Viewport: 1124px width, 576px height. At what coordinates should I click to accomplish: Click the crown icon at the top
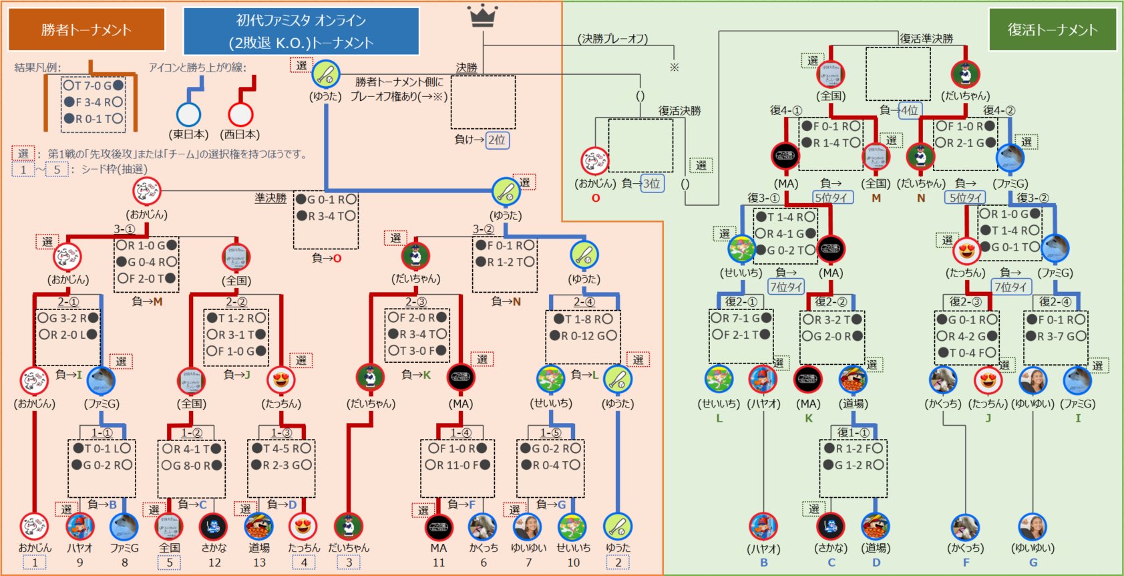pos(483,15)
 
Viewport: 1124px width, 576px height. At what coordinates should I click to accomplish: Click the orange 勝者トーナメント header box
pos(86,29)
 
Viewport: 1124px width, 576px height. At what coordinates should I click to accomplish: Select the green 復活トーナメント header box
pos(1052,29)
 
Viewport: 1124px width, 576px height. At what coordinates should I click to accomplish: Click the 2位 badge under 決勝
pos(496,140)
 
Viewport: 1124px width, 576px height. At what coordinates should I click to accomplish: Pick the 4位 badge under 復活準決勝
pos(909,110)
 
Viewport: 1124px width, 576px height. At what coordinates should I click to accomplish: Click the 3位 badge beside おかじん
pos(652,183)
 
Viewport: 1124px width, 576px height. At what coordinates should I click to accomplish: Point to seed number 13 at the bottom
pos(259,563)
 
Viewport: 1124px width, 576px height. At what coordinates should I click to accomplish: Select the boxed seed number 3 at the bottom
pos(349,563)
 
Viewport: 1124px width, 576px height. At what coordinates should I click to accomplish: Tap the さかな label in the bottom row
pos(214,548)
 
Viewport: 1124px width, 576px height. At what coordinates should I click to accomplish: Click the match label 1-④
pos(460,433)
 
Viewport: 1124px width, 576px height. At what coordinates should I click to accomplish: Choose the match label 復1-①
pos(853,432)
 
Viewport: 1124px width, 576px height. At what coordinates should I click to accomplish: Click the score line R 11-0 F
pos(457,465)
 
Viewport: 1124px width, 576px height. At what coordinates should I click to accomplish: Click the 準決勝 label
pos(270,198)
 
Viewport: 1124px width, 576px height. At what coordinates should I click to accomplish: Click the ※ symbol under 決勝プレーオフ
pos(674,67)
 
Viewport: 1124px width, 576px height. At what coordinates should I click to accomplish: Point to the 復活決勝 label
pos(679,111)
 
